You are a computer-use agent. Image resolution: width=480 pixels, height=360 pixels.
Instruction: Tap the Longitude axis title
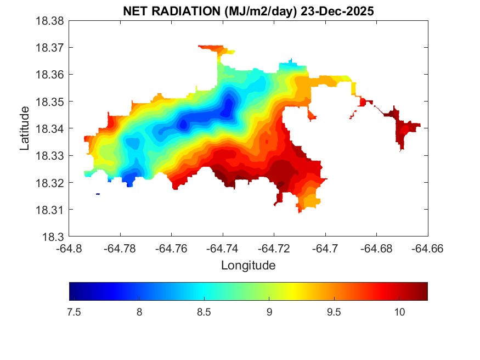248,266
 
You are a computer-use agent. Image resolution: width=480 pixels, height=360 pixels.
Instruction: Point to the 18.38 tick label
50,21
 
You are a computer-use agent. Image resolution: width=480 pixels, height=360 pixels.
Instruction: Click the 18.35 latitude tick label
50,102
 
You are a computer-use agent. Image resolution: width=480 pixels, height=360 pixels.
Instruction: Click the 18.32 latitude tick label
50,183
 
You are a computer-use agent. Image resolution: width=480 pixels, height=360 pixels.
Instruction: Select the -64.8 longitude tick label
69,248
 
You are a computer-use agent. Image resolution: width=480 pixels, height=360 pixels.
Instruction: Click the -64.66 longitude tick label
428,248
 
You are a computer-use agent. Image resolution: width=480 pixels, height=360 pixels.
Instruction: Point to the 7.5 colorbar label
74,312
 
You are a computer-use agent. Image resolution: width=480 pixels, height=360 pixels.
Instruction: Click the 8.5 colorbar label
204,312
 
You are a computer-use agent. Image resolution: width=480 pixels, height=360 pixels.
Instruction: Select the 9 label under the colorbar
269,312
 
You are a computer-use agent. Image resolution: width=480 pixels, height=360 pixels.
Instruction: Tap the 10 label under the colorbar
399,312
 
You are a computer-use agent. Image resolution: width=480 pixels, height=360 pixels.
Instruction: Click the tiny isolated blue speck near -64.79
98,194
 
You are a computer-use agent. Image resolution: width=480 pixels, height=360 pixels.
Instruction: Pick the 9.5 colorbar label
334,312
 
